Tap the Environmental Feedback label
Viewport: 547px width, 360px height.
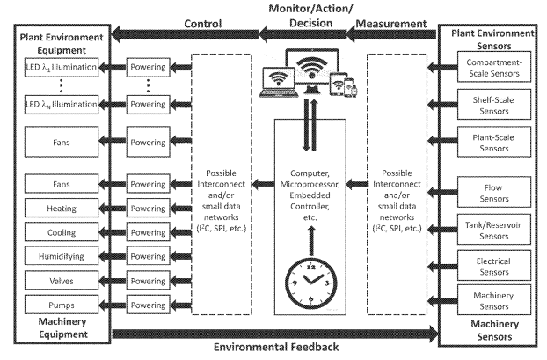pos(274,348)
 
